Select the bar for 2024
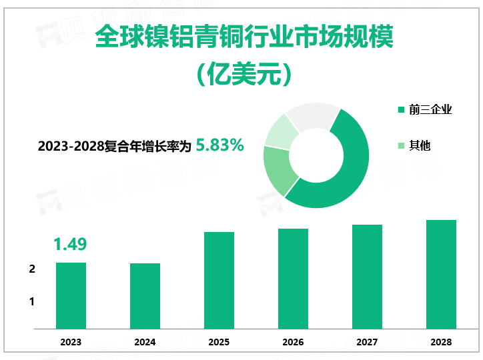point(145,296)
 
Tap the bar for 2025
point(219,280)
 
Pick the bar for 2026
point(293,279)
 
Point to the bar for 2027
point(367,277)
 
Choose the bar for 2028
point(441,274)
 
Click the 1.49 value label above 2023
point(70,245)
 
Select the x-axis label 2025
point(219,342)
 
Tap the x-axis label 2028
point(441,342)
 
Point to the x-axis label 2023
point(71,342)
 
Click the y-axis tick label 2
point(32,269)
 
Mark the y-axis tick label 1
point(32,302)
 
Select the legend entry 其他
point(420,145)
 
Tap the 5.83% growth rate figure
point(219,145)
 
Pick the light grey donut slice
point(310,114)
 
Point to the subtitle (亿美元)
point(244,74)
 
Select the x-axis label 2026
point(293,342)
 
